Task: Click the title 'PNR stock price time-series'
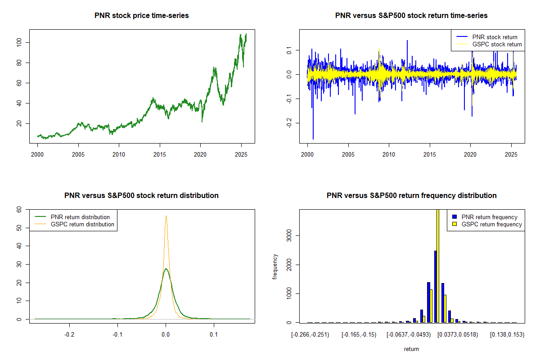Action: pos(142,16)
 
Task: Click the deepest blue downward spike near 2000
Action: pos(313,138)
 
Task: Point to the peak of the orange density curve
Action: pos(166,216)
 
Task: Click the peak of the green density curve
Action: pos(166,269)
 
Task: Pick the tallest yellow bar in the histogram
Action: pos(438,265)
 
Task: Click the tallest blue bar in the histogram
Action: pos(435,286)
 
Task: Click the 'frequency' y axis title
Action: pos(275,266)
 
